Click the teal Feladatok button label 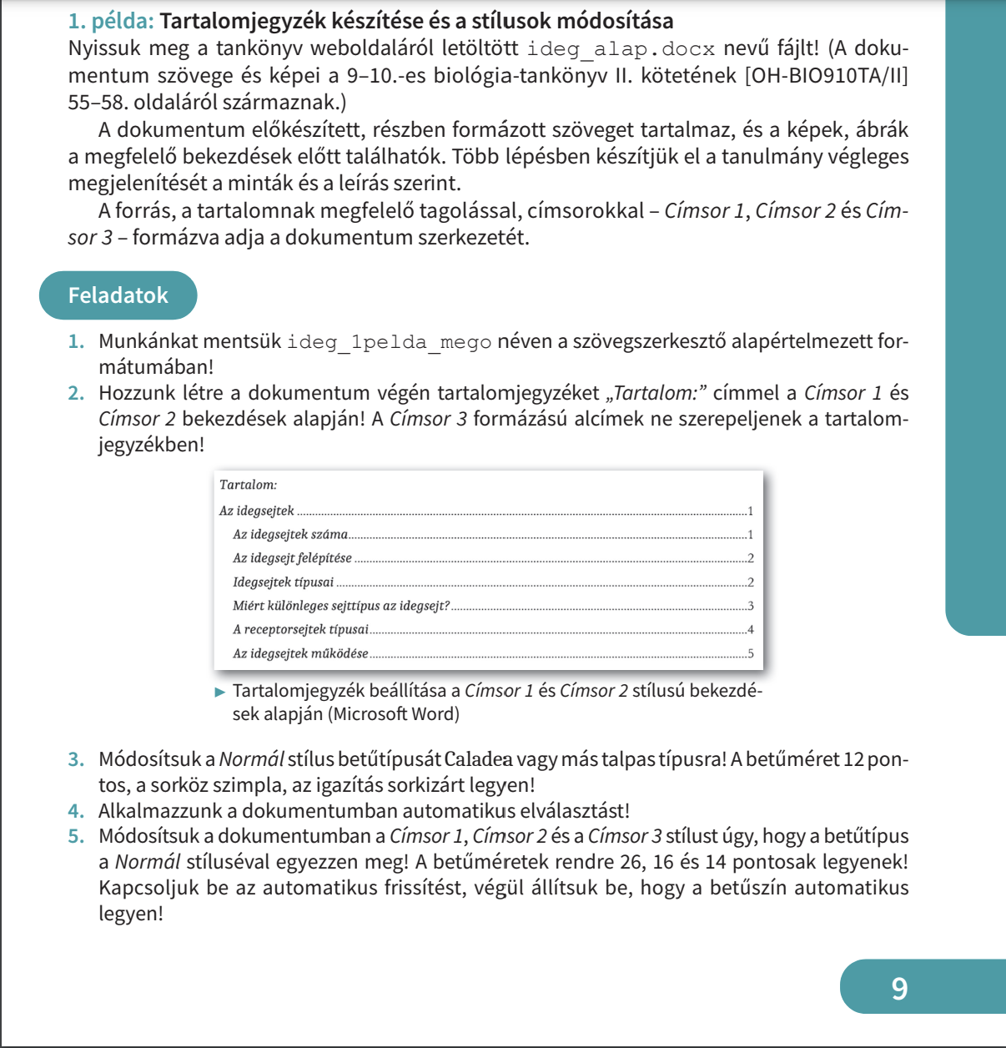[118, 295]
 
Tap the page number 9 [898, 988]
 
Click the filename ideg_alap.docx [621, 49]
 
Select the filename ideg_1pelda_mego [389, 342]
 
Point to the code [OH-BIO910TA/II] [826, 76]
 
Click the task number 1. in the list [77, 341]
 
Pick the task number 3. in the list [77, 759]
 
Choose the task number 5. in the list [77, 836]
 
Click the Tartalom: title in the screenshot [248, 485]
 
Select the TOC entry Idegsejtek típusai [283, 582]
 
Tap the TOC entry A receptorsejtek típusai [300, 630]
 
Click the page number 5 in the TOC [751, 653]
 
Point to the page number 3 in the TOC [751, 607]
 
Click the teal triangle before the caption [220, 692]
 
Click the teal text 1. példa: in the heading [111, 21]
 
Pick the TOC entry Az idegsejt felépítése [292, 558]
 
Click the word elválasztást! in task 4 [575, 811]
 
